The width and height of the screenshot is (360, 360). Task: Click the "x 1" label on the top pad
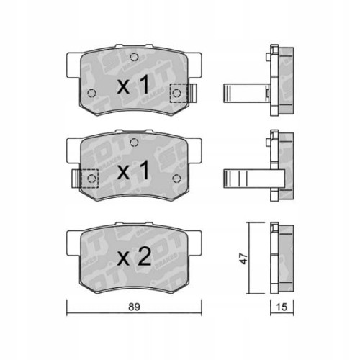pyautogui.click(x=133, y=87)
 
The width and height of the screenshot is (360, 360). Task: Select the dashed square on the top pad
pyautogui.click(x=177, y=92)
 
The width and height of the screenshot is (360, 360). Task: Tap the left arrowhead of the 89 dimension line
pyautogui.click(x=68, y=312)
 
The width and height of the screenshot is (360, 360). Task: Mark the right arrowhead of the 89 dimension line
pyautogui.click(x=200, y=312)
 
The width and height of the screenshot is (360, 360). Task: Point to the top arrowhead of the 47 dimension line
pyautogui.click(x=250, y=224)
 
